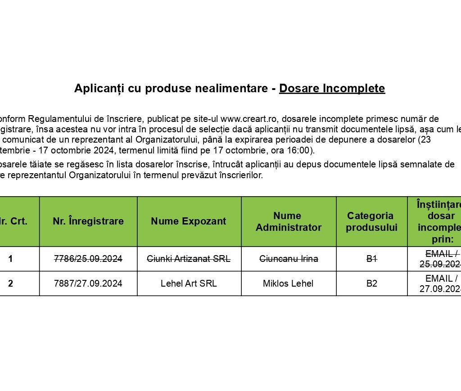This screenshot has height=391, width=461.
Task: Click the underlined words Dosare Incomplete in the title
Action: coord(332,89)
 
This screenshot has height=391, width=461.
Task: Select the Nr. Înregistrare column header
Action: coord(88,221)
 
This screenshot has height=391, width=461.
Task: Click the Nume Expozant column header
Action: coord(189,221)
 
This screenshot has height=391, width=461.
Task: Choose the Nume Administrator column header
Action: coord(289,221)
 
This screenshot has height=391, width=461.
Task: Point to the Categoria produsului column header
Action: coord(371,221)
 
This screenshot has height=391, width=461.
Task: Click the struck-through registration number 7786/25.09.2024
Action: coord(88,259)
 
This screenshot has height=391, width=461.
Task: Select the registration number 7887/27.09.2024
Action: coord(88,283)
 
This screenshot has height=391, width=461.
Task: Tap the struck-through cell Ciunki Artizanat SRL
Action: coord(189,259)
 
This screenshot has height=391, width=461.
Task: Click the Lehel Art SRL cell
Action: coord(189,283)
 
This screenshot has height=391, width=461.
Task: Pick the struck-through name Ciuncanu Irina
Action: coord(289,259)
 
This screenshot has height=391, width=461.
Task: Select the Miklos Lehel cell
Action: coord(289,283)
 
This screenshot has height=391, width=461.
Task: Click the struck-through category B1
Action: coord(371,259)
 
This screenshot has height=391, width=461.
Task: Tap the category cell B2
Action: coord(371,283)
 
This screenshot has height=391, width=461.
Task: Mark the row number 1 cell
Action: coord(10,259)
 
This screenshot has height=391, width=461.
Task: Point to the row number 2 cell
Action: coord(10,283)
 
